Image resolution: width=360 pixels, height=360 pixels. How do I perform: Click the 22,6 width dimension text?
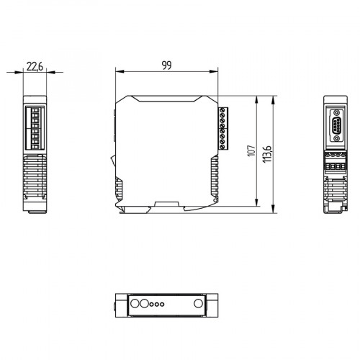[x=35, y=67]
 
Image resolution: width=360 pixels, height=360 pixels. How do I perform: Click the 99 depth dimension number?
[x=167, y=66]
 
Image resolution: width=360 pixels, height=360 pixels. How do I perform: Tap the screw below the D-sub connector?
[x=336, y=145]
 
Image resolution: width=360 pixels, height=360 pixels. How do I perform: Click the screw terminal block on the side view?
[x=222, y=128]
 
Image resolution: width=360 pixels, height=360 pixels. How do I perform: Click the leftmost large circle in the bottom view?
[x=132, y=303]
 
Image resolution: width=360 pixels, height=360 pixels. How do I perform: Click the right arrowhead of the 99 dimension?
[x=216, y=71]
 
